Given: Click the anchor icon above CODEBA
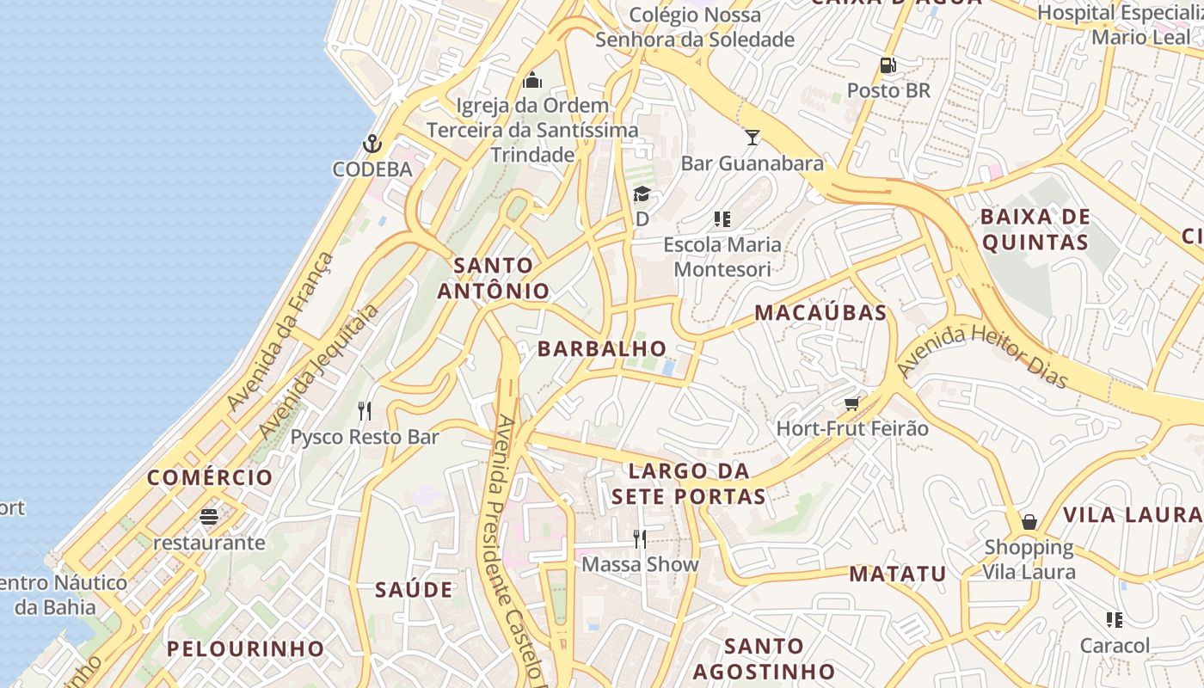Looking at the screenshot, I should pos(372,144).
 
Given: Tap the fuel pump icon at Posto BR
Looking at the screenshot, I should pos(888,65).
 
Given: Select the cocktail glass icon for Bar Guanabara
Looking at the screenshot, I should pos(752,138).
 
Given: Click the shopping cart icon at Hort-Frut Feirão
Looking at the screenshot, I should pos(852,403).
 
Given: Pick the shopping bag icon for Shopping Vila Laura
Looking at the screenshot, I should pos(1029,522).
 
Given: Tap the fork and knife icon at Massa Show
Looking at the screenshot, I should pos(639,539).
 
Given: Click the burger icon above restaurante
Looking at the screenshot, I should pos(208,517).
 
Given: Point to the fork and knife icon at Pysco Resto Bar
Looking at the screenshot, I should pos(365,411).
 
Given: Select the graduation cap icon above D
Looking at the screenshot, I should pos(642,194).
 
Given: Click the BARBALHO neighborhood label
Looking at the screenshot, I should pos(602,348).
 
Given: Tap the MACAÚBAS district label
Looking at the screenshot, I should pos(820,313).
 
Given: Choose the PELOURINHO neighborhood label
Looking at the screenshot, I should pos(245,648).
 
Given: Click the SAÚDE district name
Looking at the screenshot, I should pos(414,590).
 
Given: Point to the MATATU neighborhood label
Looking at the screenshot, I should pos(898,574).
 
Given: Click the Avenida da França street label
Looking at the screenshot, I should pos(279,331).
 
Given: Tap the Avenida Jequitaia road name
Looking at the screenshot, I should pos(318,372).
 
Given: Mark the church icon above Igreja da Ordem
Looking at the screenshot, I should pos(532,81).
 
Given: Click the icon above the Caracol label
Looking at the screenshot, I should pos(1115,619).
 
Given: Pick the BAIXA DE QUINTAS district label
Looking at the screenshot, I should pos(1035,229).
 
